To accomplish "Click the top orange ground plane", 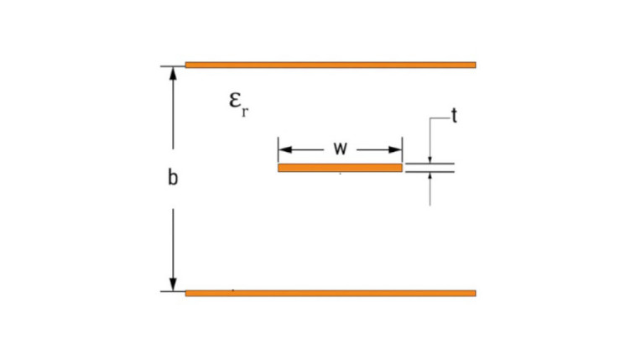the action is tap(331, 65).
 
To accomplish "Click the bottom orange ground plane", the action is tap(331, 293).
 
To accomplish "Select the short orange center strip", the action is tap(340, 168).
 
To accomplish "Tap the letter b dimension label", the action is tap(173, 178).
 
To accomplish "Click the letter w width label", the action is tap(340, 148).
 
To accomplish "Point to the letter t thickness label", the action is tap(454, 116).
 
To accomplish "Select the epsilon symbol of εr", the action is tap(235, 100).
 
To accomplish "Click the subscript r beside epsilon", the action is tap(244, 112).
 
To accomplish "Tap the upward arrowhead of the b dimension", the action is tap(173, 73).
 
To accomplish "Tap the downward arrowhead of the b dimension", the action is tap(173, 284).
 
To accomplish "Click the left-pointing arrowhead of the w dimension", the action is tap(285, 149).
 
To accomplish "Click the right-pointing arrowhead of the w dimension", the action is tap(395, 149).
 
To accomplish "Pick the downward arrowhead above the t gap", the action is tap(430, 159).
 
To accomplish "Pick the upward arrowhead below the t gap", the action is tap(430, 176).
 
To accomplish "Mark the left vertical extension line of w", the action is tap(278, 149).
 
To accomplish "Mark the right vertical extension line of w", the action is tap(402, 149).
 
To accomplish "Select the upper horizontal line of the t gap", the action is tap(430, 164).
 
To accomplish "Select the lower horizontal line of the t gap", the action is tap(430, 172).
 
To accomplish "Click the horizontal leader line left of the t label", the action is tap(440, 118).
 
